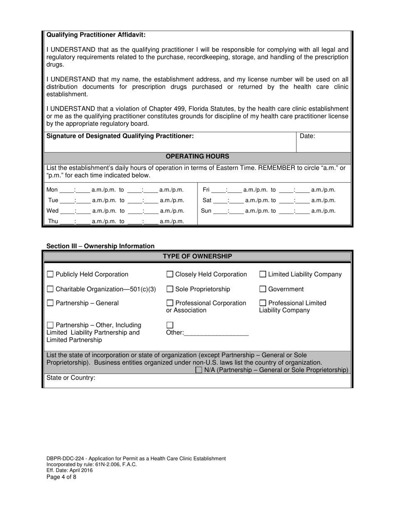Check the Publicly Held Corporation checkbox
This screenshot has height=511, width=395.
pos(50,274)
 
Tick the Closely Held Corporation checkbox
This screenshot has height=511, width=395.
pos(170,274)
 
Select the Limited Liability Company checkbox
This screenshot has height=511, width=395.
pos(263,274)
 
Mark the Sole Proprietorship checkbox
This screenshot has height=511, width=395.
pos(170,289)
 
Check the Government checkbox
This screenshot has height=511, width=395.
pos(263,289)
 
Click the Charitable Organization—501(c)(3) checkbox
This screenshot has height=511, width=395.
pos(50,289)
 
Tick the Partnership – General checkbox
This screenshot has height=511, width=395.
pos(50,303)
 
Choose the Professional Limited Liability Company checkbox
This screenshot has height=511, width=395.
pos(263,303)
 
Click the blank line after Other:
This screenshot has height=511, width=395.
pos(216,332)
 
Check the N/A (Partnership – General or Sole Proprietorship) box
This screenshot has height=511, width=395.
pos(199,370)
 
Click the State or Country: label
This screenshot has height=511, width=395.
pos(71,378)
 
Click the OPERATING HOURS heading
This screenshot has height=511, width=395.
pos(197,157)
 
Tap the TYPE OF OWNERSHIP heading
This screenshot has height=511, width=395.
pos(197,256)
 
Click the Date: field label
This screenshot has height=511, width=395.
pos(307,136)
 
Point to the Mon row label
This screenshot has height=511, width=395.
pos(52,190)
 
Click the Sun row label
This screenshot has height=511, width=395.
pos(206,211)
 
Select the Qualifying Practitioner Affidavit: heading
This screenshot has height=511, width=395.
pos(96,35)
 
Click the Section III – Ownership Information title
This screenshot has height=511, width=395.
pos(100,246)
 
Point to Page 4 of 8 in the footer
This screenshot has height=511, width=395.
pos(62,477)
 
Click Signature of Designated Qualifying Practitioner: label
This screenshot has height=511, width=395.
pos(120,136)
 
